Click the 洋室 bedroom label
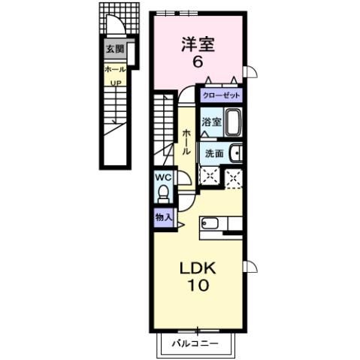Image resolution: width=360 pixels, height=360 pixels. coord(198,44)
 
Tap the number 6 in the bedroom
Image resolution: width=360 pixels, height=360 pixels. coord(198,62)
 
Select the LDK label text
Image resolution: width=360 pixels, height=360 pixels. coord(198,268)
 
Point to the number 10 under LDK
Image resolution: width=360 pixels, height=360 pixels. coord(198,286)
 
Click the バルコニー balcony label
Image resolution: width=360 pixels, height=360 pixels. coord(194,344)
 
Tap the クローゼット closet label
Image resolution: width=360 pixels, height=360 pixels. coord(221,95)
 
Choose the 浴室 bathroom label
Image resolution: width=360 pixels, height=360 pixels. coord(211,122)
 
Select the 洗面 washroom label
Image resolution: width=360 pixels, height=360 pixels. coord(213,153)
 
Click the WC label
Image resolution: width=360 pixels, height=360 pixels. coord(162,177)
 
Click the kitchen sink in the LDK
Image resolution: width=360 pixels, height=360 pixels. coord(210,223)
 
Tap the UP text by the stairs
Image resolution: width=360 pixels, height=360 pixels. coord(116,82)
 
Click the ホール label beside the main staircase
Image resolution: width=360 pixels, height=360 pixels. coord(186,141)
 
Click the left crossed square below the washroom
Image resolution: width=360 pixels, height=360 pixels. coord(208,177)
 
